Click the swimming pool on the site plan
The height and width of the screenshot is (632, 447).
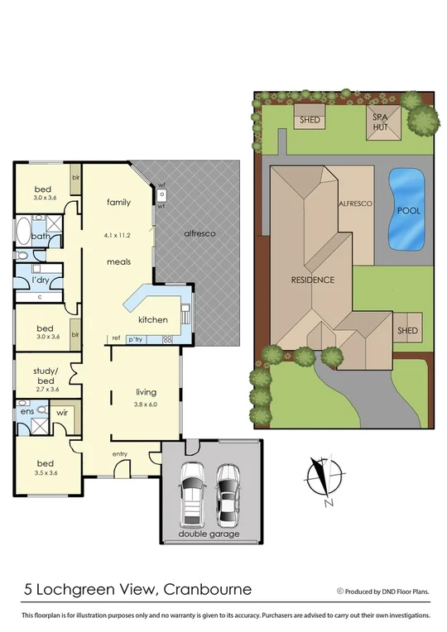tap(405, 210)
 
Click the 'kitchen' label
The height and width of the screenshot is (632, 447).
tap(152, 319)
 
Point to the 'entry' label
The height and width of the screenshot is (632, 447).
tap(123, 454)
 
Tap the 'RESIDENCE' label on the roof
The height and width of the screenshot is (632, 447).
tap(312, 280)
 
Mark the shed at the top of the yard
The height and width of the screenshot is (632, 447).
tap(310, 120)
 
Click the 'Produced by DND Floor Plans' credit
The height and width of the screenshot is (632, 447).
tap(383, 591)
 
